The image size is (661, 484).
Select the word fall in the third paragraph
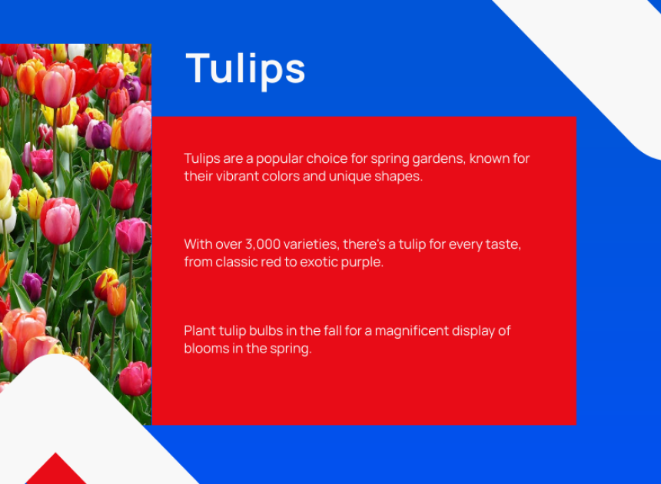tap(333, 330)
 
